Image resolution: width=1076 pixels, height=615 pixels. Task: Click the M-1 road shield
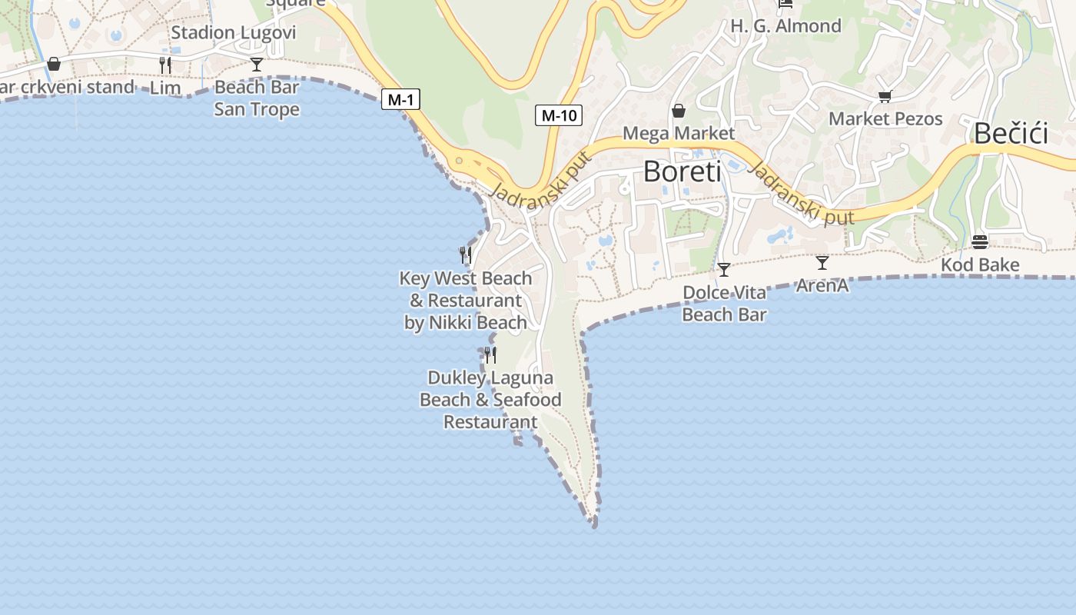tap(400, 99)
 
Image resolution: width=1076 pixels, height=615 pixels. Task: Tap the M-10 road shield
tap(559, 115)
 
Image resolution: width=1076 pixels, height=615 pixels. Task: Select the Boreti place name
tap(682, 171)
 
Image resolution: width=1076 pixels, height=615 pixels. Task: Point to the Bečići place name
tap(1011, 134)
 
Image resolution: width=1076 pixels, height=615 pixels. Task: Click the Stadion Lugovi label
tap(233, 32)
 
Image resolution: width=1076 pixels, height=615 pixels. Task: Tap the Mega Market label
tap(678, 133)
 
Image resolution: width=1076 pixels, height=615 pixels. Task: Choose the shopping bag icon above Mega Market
tap(678, 111)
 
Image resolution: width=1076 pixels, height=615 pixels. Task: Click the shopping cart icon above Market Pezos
tap(885, 97)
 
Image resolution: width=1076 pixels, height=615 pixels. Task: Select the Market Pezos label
tap(885, 119)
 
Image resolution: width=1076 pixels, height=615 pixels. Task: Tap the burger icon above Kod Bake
tap(979, 242)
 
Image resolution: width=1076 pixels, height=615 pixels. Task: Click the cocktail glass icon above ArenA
tap(822, 263)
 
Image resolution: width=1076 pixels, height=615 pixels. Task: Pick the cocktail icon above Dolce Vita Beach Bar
tap(723, 270)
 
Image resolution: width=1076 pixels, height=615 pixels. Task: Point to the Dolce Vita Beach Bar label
tap(724, 304)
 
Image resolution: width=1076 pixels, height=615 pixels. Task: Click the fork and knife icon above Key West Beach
tap(465, 254)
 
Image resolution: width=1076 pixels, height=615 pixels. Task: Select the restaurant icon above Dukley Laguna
tap(490, 354)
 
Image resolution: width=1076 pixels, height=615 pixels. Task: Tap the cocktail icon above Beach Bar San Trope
tap(257, 65)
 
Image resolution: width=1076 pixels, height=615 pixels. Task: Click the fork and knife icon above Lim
tap(165, 65)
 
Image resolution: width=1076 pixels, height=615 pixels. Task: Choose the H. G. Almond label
tap(785, 26)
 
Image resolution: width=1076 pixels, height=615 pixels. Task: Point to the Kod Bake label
tap(980, 265)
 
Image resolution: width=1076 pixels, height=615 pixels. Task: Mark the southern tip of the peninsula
tap(593, 524)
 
